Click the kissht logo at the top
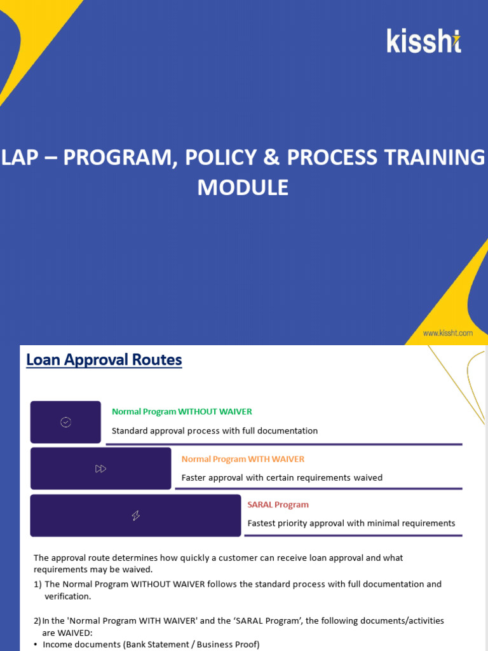tap(424, 41)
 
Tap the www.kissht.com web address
tap(447, 332)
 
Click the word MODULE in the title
tap(243, 188)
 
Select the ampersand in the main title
tap(271, 157)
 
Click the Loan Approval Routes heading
tap(104, 360)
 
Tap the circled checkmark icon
tap(65, 422)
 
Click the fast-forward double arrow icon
tap(101, 469)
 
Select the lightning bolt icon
tap(136, 515)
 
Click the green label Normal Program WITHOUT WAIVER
tap(182, 411)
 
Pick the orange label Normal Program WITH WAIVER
tap(243, 459)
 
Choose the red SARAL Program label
tap(278, 505)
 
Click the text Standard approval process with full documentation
tap(215, 430)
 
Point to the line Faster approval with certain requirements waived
tap(281, 477)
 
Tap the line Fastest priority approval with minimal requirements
tap(351, 523)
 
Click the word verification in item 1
tap(67, 596)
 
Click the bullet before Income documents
tap(36, 645)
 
